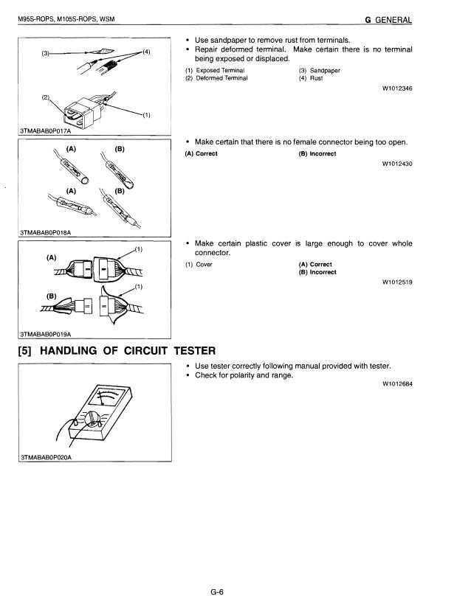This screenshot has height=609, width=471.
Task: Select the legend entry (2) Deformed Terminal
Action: pyautogui.click(x=216, y=77)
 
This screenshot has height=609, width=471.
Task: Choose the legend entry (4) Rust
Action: pyautogui.click(x=311, y=77)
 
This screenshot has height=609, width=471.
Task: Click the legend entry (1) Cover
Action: pyautogui.click(x=199, y=264)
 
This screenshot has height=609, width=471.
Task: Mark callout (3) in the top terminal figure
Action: pyautogui.click(x=46, y=53)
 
